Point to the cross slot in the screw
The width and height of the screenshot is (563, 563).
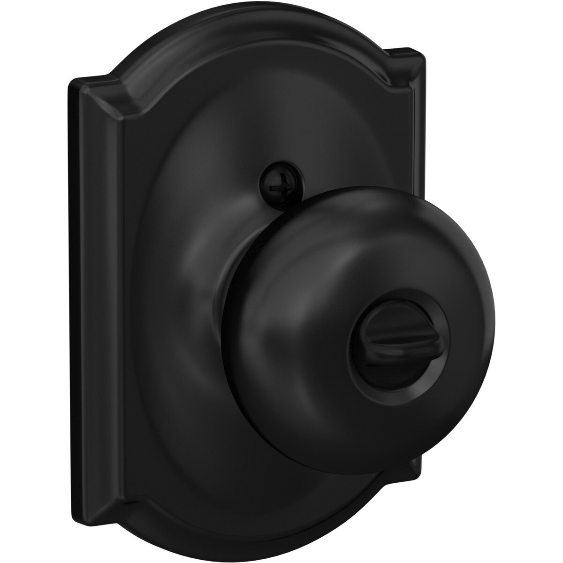[x=271, y=179]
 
